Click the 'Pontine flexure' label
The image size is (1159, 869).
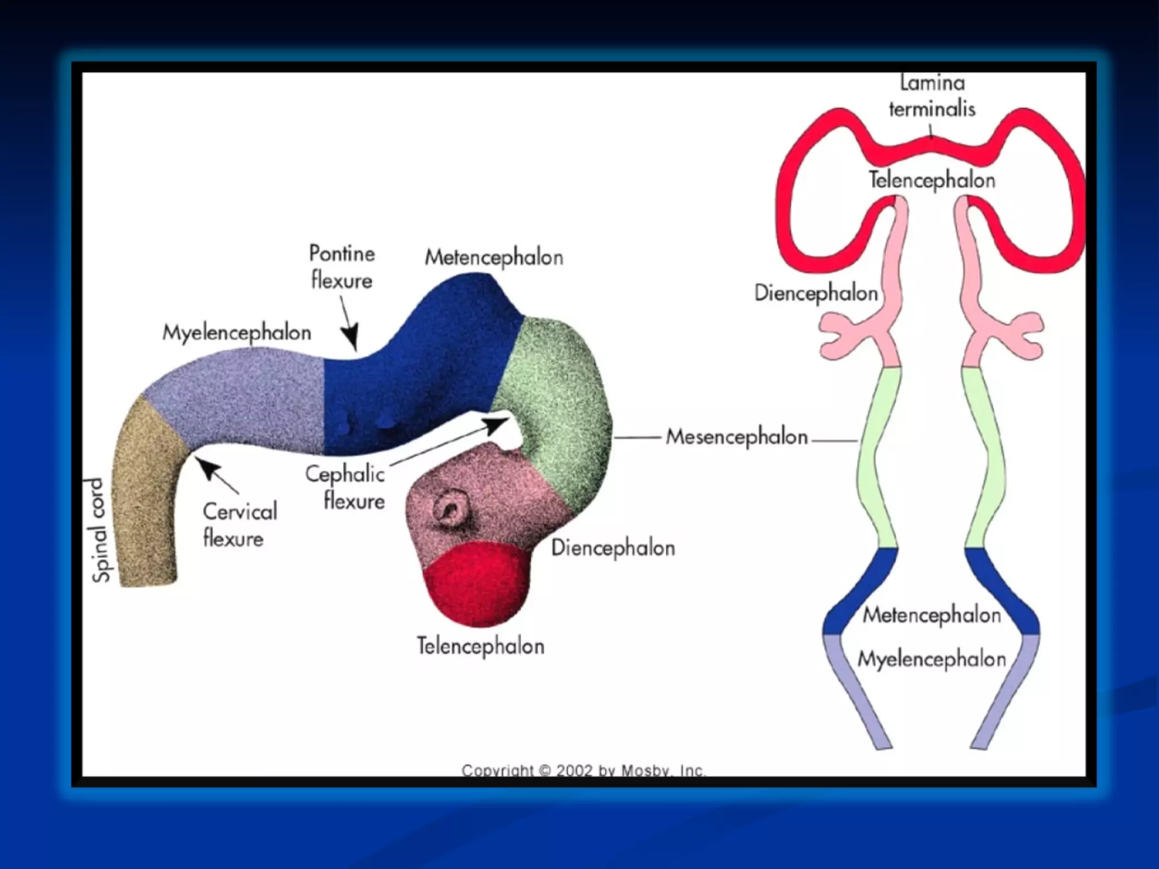342,266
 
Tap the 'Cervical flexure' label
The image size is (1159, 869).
239,524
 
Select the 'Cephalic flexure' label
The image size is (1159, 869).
346,487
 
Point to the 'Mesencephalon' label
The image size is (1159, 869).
736,437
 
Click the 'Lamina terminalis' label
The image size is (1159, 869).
932,96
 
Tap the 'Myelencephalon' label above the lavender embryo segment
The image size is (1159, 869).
237,333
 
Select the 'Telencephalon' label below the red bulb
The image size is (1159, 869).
480,646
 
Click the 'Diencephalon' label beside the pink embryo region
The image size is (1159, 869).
613,548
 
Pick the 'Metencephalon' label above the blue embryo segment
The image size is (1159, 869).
494,257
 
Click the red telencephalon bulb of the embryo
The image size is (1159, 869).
477,585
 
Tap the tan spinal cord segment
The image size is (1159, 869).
144,498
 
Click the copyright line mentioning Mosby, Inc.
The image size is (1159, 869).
583,770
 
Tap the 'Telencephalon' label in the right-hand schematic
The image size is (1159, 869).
932,180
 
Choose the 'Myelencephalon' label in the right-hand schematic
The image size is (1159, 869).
932,659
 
